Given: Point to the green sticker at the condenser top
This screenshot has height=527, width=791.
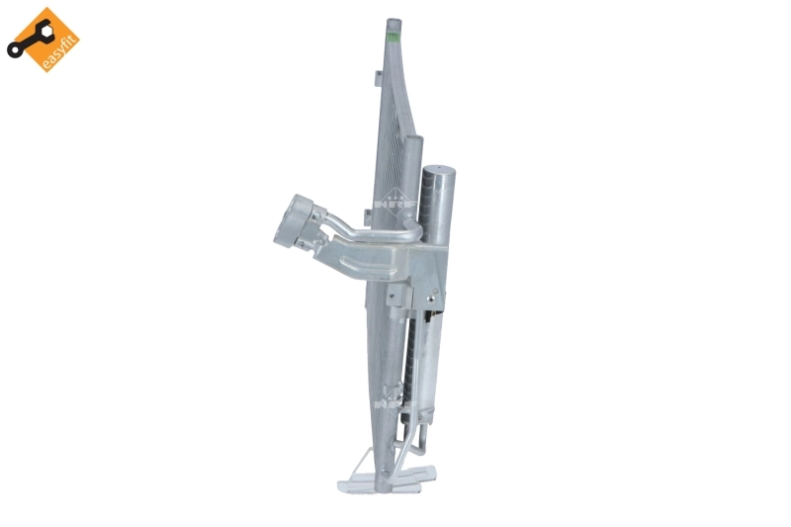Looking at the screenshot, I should pos(395,37).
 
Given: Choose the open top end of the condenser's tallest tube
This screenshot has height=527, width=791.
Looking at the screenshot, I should pos(394,19).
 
